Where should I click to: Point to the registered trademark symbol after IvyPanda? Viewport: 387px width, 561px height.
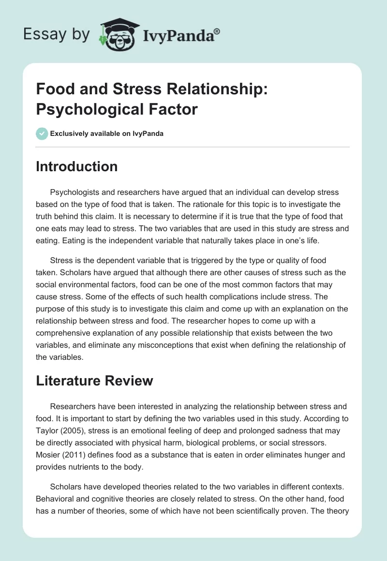click(218, 31)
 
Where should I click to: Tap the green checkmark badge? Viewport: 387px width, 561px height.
click(42, 133)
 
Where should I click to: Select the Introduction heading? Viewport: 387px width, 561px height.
click(76, 166)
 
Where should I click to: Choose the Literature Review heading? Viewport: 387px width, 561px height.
click(94, 381)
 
